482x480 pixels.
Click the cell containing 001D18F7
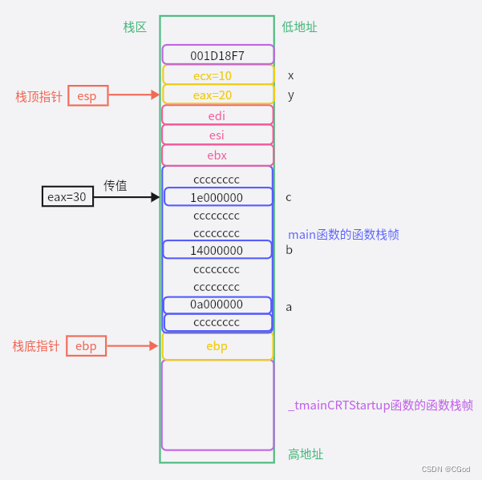tap(217, 55)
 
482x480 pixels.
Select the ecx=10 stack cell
tap(217, 75)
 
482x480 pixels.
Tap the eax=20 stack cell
tap(217, 95)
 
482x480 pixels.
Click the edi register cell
tap(217, 115)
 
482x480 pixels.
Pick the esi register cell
tap(217, 135)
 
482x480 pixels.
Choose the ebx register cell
tap(217, 155)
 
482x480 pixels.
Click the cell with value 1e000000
tap(217, 197)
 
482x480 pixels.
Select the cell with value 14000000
tap(217, 250)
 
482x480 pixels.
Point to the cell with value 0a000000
tap(217, 305)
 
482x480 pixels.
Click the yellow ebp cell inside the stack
tap(217, 346)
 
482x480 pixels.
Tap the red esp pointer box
tap(87, 95)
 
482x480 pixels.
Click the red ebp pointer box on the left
tap(86, 346)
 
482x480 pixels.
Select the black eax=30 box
tap(68, 196)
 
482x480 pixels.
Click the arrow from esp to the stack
tap(134, 95)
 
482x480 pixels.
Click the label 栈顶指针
tap(38, 96)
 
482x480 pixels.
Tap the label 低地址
tap(299, 26)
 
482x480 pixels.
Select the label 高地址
tap(306, 454)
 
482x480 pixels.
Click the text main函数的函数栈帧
tap(343, 235)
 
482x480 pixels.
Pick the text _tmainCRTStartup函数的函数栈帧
tap(380, 405)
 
